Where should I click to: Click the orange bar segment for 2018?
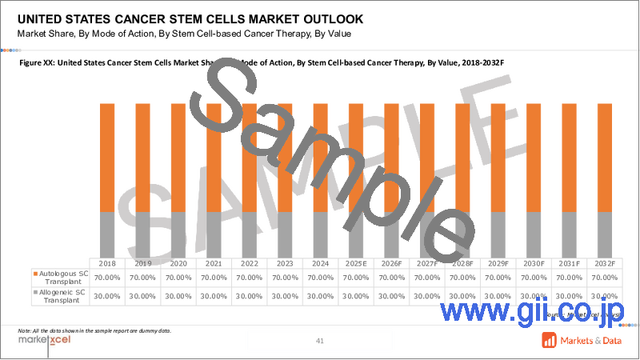tap(106, 157)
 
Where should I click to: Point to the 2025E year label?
tap(356, 262)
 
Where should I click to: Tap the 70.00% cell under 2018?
tap(106, 277)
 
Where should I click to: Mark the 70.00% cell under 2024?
tap(320, 277)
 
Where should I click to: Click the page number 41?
tap(320, 342)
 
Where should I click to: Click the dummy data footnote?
tap(94, 330)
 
